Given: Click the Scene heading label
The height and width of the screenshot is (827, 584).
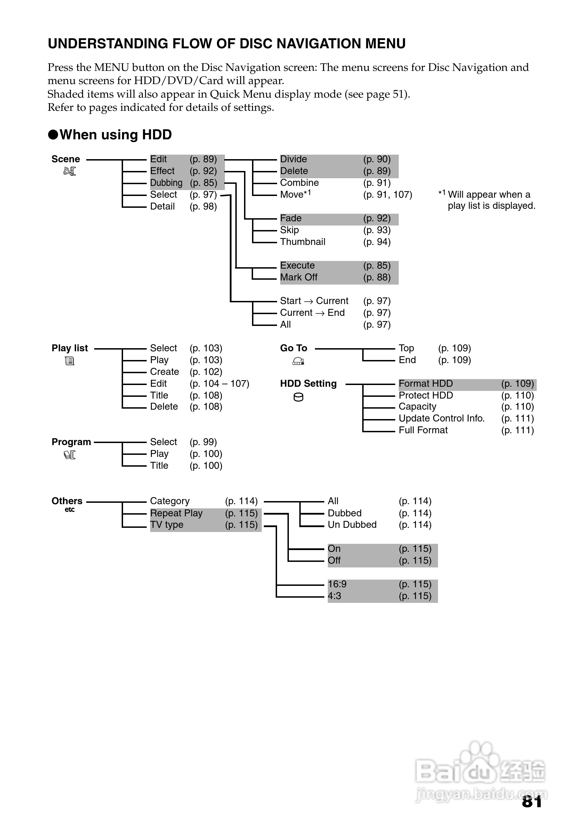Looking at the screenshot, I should click(x=66, y=159).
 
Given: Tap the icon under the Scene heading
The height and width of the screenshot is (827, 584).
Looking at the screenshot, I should click(x=70, y=171).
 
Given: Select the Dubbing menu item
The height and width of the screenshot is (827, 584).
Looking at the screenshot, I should click(x=166, y=183).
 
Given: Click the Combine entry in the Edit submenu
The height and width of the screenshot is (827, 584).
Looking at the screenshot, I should click(x=299, y=183).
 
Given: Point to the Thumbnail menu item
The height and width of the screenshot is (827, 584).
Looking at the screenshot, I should click(x=302, y=242).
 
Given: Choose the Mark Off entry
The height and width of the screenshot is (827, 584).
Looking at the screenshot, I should click(x=298, y=277).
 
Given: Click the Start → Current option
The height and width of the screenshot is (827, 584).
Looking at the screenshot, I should click(x=314, y=301).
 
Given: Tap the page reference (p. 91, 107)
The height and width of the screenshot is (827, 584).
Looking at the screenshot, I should click(x=387, y=195).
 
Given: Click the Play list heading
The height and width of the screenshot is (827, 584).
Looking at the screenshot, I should click(x=70, y=348).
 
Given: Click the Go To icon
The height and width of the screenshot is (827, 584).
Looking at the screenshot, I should click(x=298, y=361).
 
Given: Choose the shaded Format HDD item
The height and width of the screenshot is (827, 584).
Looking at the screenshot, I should click(x=425, y=384).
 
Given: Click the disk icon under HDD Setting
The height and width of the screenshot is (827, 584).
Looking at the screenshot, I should click(x=298, y=397).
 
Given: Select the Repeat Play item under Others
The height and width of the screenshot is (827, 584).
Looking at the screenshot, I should click(x=176, y=513).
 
